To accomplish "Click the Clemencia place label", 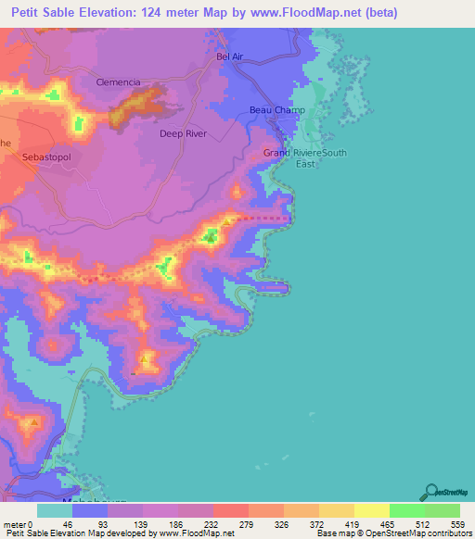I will (x=118, y=82).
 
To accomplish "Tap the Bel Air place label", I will (x=229, y=56).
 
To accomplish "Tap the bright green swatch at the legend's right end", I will (x=443, y=510).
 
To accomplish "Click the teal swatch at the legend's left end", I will (x=55, y=510).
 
